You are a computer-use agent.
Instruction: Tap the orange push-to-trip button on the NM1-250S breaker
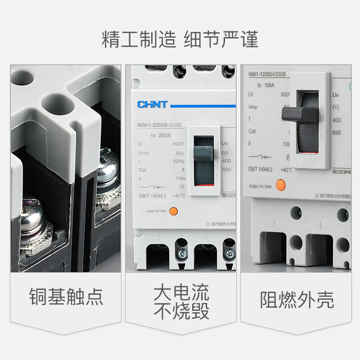(174, 211)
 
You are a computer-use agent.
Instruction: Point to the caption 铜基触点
(66, 297)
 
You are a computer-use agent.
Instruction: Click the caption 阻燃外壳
(297, 300)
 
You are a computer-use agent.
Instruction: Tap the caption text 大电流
(181, 292)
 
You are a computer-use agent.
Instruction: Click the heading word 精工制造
(138, 40)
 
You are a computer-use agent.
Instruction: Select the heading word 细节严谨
(221, 40)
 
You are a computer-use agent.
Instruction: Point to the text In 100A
(266, 85)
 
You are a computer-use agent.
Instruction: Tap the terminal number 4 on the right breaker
(319, 224)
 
